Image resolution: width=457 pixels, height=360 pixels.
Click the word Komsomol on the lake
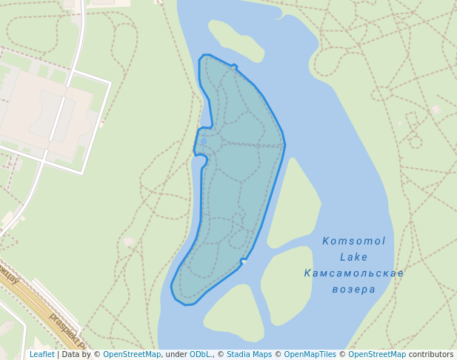click(353, 241)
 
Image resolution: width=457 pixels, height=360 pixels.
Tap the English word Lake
click(353, 257)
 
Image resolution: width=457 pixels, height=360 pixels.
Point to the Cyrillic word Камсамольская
click(353, 273)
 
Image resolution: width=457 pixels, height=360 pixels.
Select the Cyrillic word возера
click(353, 289)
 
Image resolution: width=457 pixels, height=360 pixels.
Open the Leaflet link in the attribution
click(41, 355)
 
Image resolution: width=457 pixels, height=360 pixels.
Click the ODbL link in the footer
click(201, 355)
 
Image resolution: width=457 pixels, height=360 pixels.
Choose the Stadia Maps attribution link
click(249, 355)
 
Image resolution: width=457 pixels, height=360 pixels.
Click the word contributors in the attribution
click(431, 355)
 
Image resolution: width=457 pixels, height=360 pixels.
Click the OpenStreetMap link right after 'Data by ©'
click(132, 355)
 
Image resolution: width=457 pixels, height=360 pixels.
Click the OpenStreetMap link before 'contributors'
click(377, 355)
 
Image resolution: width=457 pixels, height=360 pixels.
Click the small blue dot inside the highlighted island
click(204, 141)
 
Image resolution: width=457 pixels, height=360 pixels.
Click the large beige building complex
click(44, 111)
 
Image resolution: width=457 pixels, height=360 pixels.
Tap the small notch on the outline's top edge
click(234, 67)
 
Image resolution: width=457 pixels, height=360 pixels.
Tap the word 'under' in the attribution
click(175, 355)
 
